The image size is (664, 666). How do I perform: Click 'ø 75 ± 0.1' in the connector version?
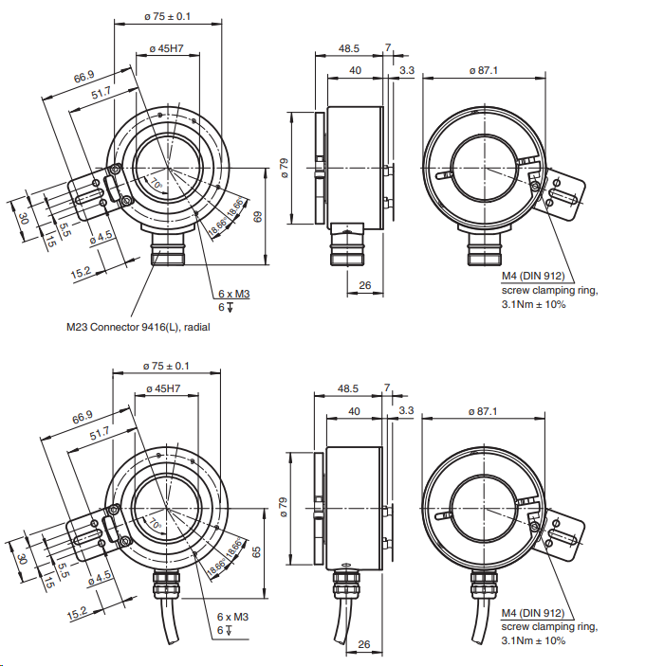point(167,16)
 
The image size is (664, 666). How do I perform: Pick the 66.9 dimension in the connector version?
point(84,76)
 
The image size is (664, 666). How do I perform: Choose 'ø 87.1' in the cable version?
point(484,410)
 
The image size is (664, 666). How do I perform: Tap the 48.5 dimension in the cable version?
point(349,389)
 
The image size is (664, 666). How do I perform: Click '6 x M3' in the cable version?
point(233,617)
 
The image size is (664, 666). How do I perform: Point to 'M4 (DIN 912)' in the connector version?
point(533,277)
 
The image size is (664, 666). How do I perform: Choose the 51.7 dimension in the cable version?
point(101,432)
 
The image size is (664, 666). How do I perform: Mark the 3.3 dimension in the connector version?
point(406,70)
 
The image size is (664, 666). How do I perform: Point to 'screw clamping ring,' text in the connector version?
point(549,291)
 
